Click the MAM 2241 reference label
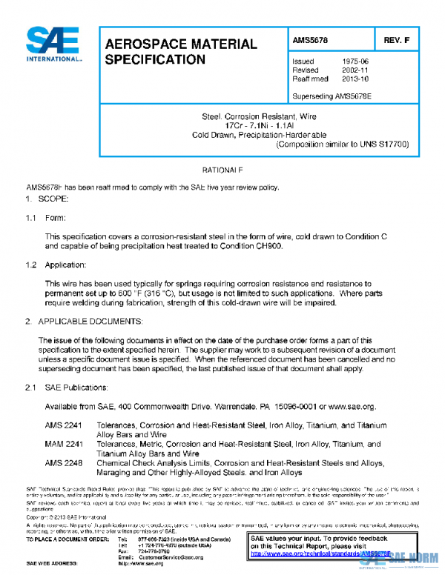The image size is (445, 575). click(x=64, y=444)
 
